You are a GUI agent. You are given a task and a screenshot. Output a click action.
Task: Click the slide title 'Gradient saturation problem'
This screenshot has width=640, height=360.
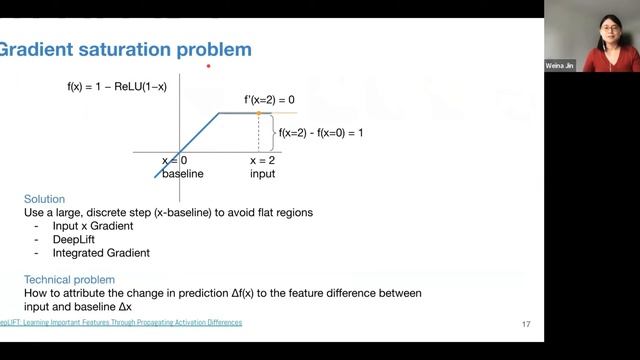(x=125, y=49)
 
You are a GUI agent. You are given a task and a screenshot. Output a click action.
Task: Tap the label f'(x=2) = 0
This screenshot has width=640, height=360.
(x=269, y=101)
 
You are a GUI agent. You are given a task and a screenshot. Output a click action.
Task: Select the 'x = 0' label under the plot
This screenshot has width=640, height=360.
(x=176, y=160)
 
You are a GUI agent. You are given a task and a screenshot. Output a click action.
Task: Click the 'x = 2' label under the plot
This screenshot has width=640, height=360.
(x=262, y=160)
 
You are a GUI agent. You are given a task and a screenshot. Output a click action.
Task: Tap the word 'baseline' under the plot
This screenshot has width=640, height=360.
(x=183, y=173)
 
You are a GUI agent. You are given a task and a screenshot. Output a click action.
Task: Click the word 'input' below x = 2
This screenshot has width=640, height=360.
(x=262, y=173)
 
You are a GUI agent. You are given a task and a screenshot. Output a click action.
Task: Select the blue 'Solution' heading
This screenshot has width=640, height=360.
(x=44, y=199)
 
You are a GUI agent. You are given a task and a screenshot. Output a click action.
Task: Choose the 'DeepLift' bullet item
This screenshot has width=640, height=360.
(x=70, y=240)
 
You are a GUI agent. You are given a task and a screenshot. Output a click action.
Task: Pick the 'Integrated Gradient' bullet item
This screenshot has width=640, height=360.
(x=99, y=253)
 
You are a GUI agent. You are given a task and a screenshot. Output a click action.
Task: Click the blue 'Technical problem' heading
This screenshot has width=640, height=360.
(x=69, y=279)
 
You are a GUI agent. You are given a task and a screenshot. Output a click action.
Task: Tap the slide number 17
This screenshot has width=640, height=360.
(x=526, y=325)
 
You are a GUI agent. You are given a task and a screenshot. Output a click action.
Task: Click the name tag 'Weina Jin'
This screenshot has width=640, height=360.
(x=560, y=64)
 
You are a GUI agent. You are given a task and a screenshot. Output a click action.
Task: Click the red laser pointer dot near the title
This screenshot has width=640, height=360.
(x=208, y=67)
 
